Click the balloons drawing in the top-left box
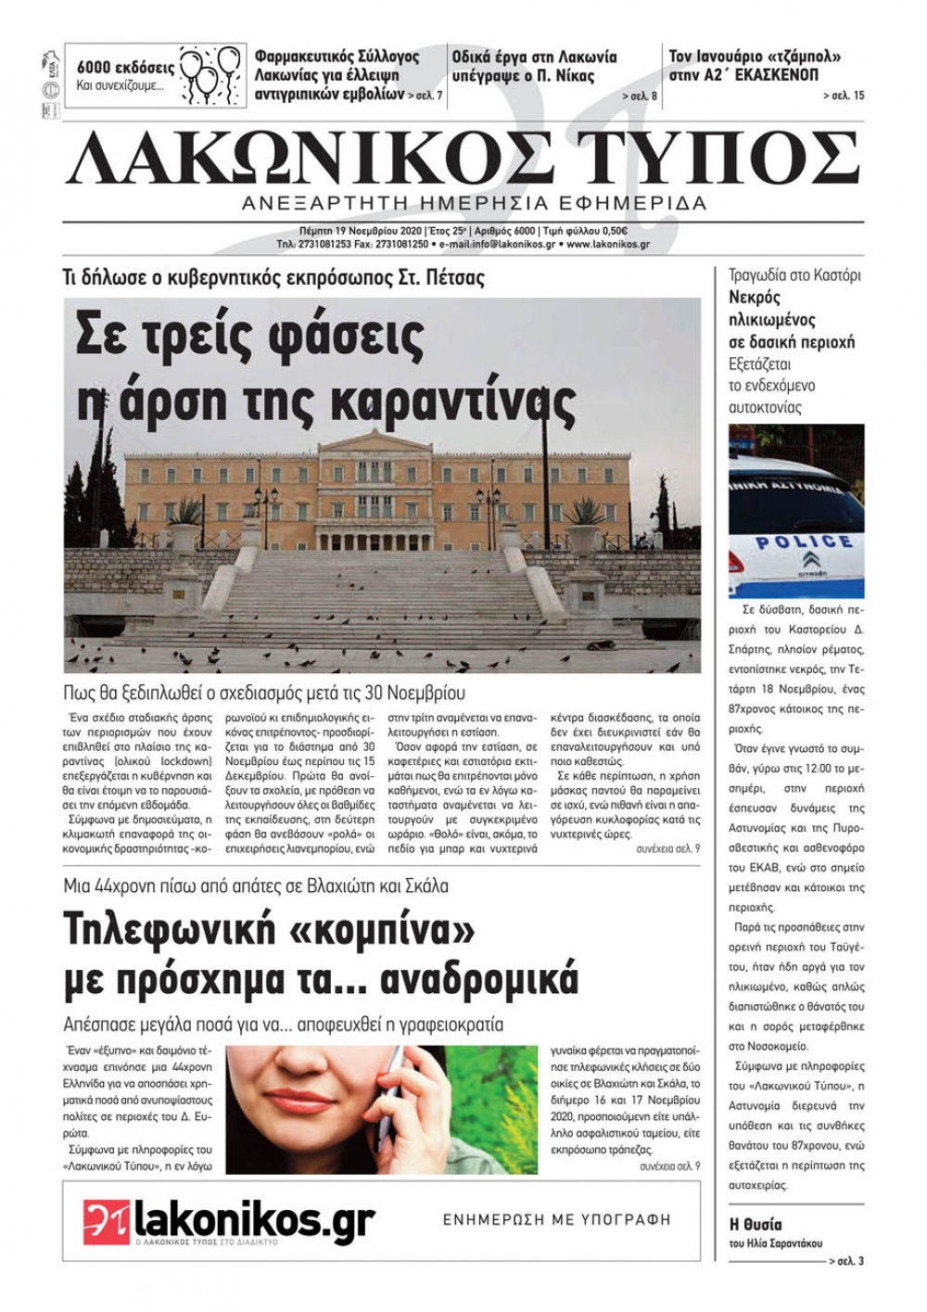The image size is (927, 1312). point(206,73)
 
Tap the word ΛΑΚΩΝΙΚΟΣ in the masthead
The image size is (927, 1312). point(311,158)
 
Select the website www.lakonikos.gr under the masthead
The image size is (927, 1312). point(608,245)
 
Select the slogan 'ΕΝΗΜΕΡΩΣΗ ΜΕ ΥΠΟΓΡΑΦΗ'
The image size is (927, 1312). point(556,1220)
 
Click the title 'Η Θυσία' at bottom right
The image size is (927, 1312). point(756,1224)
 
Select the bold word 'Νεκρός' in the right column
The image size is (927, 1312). point(755,298)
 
